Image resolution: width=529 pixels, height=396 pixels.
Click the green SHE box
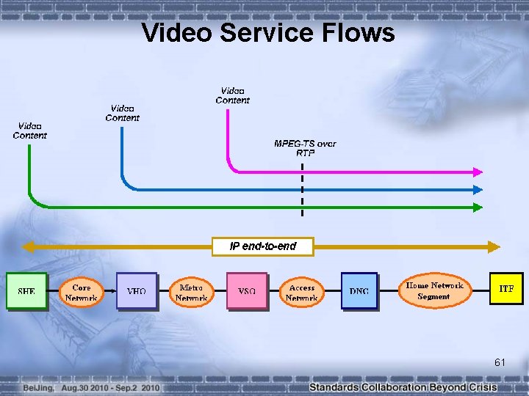pyautogui.click(x=26, y=291)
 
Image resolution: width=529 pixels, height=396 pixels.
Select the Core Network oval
pyautogui.click(x=81, y=293)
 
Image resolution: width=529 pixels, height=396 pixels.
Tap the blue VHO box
pyautogui.click(x=137, y=291)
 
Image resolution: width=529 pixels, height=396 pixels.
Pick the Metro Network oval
pyautogui.click(x=191, y=293)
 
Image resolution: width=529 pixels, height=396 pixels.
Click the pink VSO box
pyautogui.click(x=247, y=291)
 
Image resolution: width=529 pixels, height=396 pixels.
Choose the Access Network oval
pyautogui.click(x=301, y=293)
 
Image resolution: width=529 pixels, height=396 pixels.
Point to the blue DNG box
pyautogui.click(x=359, y=291)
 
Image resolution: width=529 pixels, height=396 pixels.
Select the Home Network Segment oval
pyautogui.click(x=433, y=290)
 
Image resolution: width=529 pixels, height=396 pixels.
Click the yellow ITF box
pyautogui.click(x=506, y=289)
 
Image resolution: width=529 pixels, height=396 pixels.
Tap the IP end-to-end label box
pyautogui.click(x=262, y=246)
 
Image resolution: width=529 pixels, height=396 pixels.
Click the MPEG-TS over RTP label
pyautogui.click(x=305, y=148)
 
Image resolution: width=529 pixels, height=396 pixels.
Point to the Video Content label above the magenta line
pyautogui.click(x=233, y=95)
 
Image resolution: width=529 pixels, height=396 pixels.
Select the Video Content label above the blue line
pyautogui.click(x=122, y=113)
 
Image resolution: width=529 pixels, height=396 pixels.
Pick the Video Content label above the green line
pyautogui.click(x=29, y=131)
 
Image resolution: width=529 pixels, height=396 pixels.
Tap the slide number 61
pyautogui.click(x=500, y=362)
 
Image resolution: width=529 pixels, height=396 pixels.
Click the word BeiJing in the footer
pyautogui.click(x=37, y=386)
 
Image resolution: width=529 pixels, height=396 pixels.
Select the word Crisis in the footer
pyautogui.click(x=482, y=386)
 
